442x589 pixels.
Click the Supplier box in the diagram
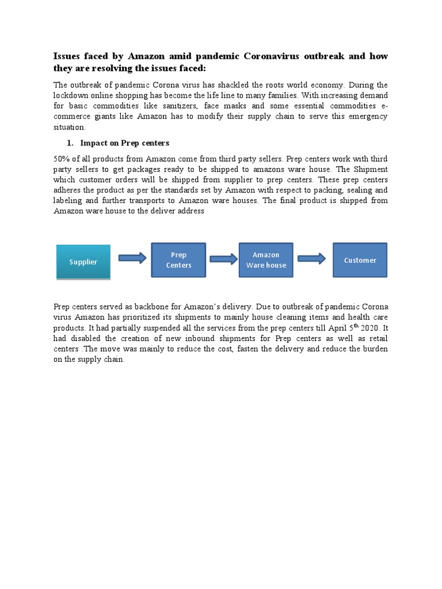click(83, 262)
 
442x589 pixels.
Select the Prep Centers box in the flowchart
click(178, 260)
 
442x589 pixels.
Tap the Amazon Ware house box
click(265, 260)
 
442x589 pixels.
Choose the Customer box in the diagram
click(360, 260)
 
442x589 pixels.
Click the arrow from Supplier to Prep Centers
click(132, 258)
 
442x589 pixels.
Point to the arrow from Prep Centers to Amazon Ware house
click(223, 259)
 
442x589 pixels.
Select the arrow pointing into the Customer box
click(311, 259)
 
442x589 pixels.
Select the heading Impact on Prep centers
click(125, 143)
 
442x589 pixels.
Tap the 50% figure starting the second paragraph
click(62, 159)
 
